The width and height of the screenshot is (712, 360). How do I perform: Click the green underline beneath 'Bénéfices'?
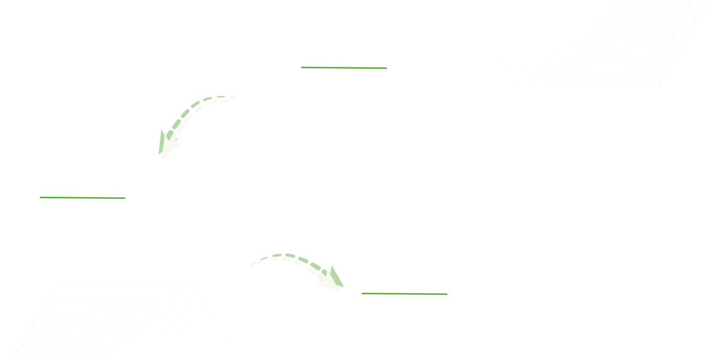tap(82, 198)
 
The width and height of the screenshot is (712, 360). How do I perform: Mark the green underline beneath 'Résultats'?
tap(404, 294)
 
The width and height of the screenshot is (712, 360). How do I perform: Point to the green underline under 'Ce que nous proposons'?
tap(344, 68)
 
